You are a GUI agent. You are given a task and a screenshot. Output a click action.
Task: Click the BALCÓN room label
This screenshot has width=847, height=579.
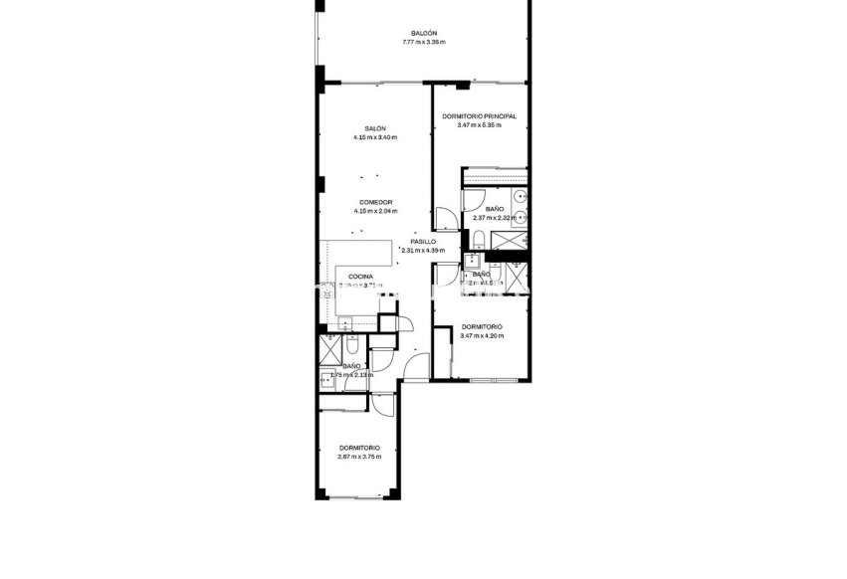click(424, 33)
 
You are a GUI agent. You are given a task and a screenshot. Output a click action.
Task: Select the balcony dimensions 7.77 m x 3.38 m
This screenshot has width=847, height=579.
click(424, 42)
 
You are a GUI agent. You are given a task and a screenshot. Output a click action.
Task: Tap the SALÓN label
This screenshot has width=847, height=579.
click(374, 128)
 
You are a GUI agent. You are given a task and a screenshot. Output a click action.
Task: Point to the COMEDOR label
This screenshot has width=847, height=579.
click(374, 202)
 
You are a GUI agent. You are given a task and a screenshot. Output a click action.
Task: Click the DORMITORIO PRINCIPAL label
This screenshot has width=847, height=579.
click(479, 116)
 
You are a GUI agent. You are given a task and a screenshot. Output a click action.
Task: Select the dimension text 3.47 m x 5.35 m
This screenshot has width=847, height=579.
click(479, 125)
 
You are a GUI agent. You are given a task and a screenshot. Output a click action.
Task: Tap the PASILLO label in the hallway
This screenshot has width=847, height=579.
click(422, 242)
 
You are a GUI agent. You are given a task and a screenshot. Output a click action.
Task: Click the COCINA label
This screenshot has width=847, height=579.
click(360, 277)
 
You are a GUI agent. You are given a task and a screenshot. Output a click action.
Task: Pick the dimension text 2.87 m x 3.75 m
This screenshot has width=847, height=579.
click(359, 457)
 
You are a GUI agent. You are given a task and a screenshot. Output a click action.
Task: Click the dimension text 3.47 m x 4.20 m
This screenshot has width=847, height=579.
click(482, 335)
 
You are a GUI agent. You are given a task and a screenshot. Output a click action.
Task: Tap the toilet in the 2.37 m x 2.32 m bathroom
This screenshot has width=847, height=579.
click(479, 237)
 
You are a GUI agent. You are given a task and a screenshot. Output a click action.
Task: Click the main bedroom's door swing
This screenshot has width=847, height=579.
click(445, 217)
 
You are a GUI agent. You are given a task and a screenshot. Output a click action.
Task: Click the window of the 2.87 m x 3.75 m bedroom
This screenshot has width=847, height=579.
click(354, 496)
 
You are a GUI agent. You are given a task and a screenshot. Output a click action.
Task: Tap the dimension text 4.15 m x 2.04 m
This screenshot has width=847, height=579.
click(374, 211)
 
